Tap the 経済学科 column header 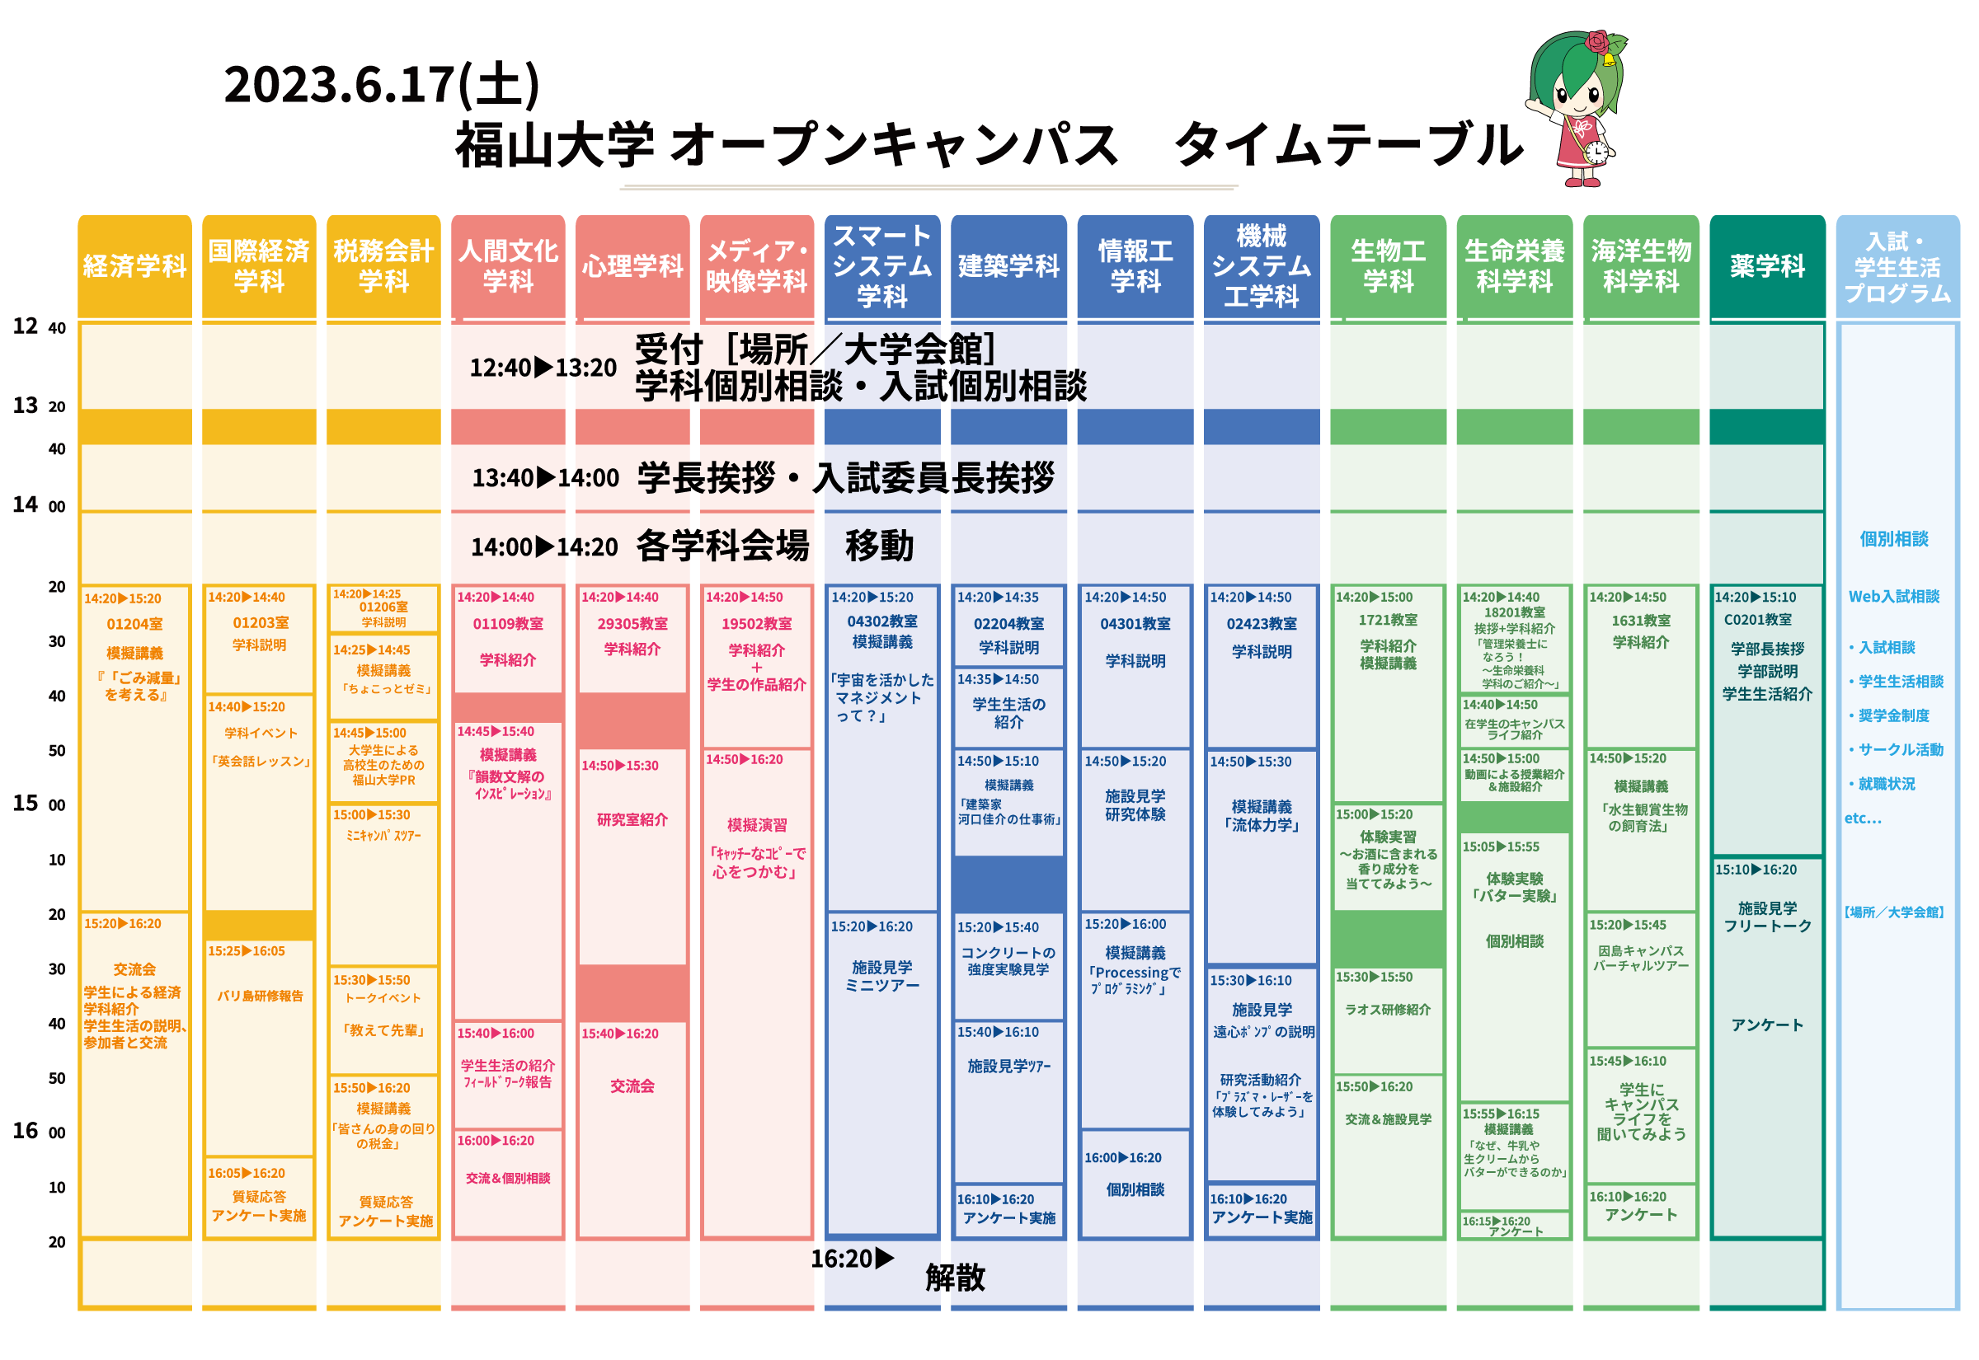[134, 266]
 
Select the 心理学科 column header [632, 266]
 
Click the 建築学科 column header [1008, 266]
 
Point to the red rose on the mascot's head [1598, 42]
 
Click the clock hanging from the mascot [1596, 153]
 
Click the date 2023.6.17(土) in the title [381, 85]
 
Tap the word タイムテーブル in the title [1348, 145]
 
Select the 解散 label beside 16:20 [955, 1278]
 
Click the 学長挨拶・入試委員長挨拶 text [845, 477]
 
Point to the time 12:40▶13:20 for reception [543, 368]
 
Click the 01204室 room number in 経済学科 [134, 625]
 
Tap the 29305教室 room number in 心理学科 [632, 624]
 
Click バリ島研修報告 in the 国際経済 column [259, 996]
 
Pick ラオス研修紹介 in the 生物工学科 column [1388, 1009]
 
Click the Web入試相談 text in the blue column [1893, 597]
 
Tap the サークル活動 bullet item [1900, 750]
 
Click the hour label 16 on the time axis [25, 1131]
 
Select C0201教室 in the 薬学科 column [1757, 620]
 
